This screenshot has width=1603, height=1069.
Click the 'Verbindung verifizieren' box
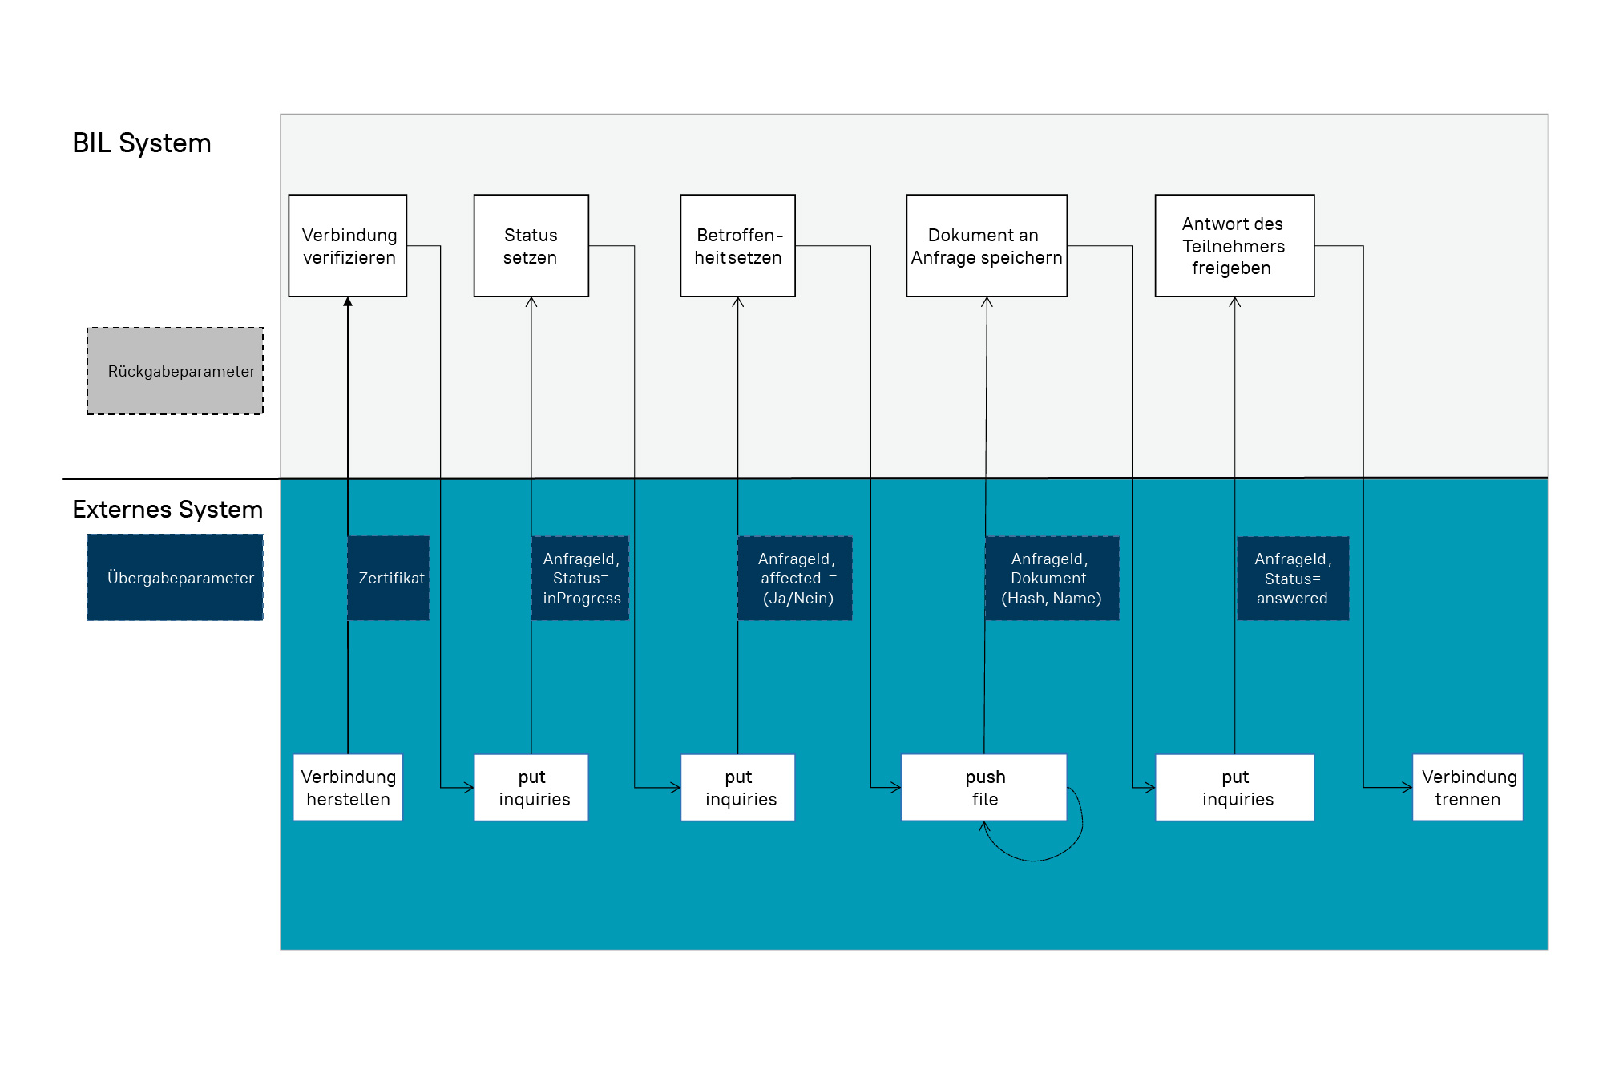pyautogui.click(x=348, y=245)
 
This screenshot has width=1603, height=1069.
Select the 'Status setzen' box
pyautogui.click(x=531, y=245)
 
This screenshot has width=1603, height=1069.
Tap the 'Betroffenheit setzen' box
pyautogui.click(x=738, y=245)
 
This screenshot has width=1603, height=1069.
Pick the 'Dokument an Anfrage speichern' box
pyautogui.click(x=987, y=245)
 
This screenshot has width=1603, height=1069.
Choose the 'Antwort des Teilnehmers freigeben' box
pyautogui.click(x=1235, y=245)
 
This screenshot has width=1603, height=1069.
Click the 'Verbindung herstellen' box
pyautogui.click(x=348, y=787)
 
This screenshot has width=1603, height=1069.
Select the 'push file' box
pyautogui.click(x=984, y=787)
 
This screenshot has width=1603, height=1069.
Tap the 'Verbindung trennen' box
pyautogui.click(x=1468, y=787)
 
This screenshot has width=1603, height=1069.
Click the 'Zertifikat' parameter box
pyautogui.click(x=389, y=578)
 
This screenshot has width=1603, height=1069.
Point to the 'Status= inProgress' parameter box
pyautogui.click(x=580, y=578)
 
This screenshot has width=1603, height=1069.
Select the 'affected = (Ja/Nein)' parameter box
pyautogui.click(x=795, y=578)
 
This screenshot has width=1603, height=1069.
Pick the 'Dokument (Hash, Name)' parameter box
pyautogui.click(x=1052, y=578)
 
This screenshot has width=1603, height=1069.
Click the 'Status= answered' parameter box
pyautogui.click(x=1293, y=578)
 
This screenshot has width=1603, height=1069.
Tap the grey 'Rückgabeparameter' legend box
pyautogui.click(x=176, y=371)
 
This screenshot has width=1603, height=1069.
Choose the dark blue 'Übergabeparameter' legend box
pyautogui.click(x=176, y=578)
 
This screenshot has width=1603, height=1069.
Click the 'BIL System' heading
pyautogui.click(x=142, y=143)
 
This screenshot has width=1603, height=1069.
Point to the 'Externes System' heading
pyautogui.click(x=168, y=509)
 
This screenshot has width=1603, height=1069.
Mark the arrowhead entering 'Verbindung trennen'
pyautogui.click(x=1407, y=787)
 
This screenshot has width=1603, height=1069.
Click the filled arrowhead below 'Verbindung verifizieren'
pyautogui.click(x=348, y=302)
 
